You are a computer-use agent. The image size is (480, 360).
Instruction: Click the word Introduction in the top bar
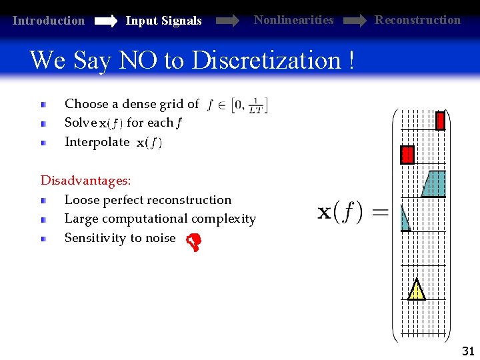click(x=49, y=21)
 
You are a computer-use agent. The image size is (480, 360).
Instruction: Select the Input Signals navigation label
click(x=163, y=21)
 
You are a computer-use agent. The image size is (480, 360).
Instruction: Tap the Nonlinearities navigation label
click(x=293, y=20)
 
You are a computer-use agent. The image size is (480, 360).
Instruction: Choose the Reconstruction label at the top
click(x=417, y=20)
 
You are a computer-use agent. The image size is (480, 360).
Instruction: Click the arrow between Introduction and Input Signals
click(x=105, y=21)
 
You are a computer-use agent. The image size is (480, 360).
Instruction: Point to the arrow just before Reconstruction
click(x=353, y=21)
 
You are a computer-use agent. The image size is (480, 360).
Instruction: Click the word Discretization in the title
click(x=267, y=61)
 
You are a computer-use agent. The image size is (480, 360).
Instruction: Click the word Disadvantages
click(x=85, y=180)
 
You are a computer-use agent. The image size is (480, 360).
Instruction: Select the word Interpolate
click(x=97, y=142)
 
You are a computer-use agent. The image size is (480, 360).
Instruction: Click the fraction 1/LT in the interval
click(x=255, y=106)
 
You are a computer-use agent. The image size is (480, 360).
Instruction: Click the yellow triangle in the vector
click(x=416, y=290)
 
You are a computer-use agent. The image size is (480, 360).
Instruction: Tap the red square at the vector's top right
click(x=440, y=121)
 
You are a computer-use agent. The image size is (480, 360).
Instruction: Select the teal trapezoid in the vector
click(x=435, y=183)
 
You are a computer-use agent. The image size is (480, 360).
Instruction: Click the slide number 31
click(x=468, y=351)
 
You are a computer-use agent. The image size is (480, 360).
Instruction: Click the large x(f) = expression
click(x=353, y=213)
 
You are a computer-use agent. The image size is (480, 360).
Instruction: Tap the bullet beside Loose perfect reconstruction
click(x=43, y=200)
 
